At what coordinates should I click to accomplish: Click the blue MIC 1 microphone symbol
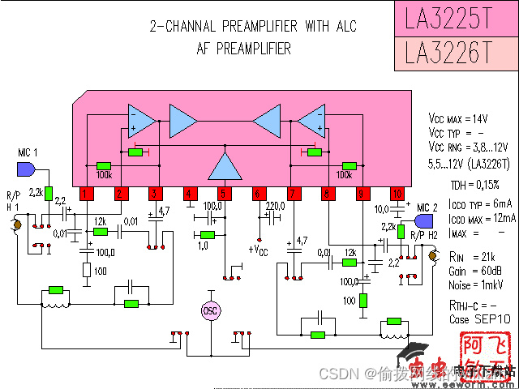(25, 169)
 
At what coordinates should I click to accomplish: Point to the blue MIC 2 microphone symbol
(422, 221)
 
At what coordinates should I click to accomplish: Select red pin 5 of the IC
(224, 194)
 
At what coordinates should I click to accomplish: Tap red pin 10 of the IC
(397, 194)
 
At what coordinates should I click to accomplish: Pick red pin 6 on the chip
(259, 194)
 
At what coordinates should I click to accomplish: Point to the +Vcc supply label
(259, 249)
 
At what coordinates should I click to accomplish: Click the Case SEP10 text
(479, 319)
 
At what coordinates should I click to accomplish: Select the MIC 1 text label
(28, 153)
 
